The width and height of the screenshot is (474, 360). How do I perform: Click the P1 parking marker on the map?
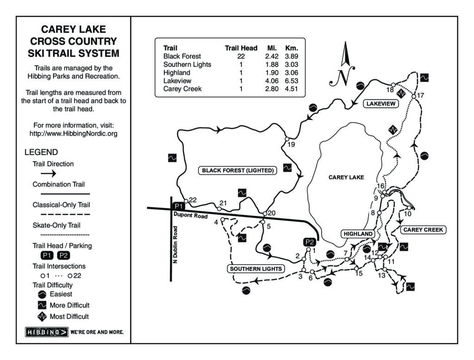click(178, 206)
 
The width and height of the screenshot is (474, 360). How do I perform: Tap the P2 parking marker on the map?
click(309, 242)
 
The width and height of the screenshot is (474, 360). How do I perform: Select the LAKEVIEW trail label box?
click(380, 104)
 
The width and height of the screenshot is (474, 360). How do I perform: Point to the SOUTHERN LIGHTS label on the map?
click(255, 269)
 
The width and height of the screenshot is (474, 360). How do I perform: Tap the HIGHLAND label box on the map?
click(358, 234)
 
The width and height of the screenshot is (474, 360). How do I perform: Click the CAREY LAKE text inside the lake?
click(346, 177)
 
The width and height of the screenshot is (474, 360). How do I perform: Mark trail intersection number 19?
click(287, 139)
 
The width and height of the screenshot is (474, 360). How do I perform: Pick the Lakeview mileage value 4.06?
click(272, 81)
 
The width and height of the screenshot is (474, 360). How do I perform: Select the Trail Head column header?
click(241, 48)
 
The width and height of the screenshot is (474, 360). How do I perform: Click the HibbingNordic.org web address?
click(74, 133)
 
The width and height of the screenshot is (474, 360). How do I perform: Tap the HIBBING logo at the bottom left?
click(46, 332)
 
